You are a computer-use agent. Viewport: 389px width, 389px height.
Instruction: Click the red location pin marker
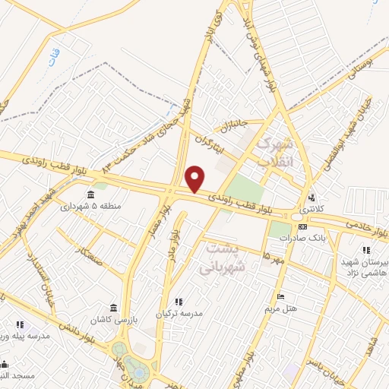click(x=195, y=179)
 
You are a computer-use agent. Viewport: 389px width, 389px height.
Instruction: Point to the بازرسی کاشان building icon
click(x=113, y=308)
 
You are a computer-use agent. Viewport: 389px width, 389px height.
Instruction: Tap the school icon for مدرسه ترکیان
click(x=179, y=302)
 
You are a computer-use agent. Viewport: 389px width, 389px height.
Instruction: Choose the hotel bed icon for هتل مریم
click(x=280, y=296)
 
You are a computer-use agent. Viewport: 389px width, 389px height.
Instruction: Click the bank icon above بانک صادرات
click(x=303, y=226)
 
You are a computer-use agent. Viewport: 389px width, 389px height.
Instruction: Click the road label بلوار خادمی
click(x=365, y=223)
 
